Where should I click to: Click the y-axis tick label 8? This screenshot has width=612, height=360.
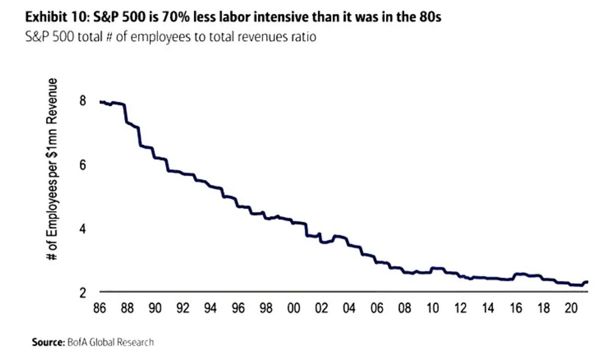[82, 101]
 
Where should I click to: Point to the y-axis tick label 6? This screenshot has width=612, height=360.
[82, 165]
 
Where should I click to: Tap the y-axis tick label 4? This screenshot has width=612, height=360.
[82, 229]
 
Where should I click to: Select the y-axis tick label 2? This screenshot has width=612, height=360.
[82, 293]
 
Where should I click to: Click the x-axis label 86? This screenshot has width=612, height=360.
[100, 309]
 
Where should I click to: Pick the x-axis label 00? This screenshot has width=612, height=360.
[294, 309]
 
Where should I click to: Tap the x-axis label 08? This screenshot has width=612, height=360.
[405, 309]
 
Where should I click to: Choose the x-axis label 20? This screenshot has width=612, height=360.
[571, 309]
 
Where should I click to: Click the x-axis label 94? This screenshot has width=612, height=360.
[211, 309]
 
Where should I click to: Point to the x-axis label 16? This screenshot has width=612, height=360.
[516, 309]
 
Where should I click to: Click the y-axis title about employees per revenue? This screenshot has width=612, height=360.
[52, 169]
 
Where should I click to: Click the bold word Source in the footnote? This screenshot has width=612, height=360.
[47, 342]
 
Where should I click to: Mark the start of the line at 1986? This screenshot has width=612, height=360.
[100, 102]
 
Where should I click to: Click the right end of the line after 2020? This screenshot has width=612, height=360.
[587, 282]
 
